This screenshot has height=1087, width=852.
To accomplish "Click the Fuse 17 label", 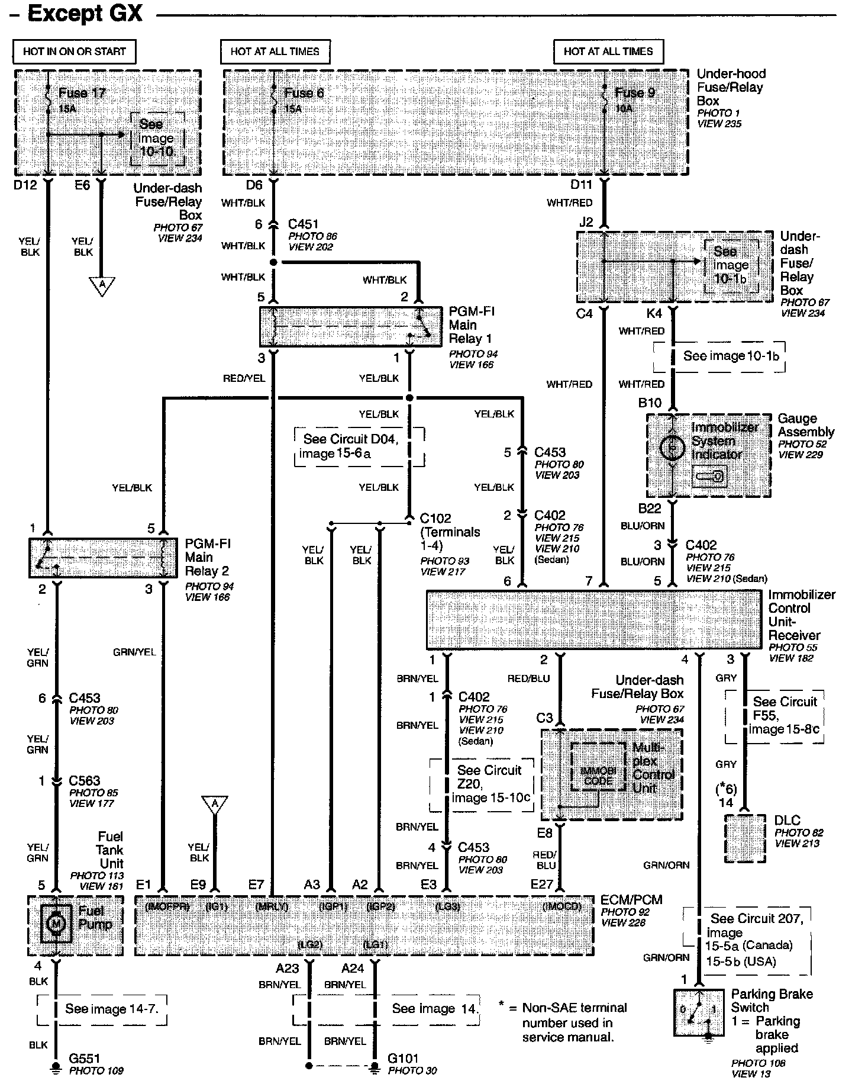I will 82,94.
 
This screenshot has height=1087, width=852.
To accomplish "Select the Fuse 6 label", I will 304,93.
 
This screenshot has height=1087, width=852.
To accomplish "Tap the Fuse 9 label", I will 634,93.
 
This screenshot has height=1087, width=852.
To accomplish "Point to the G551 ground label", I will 85,1058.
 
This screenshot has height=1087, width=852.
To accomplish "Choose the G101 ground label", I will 402,1058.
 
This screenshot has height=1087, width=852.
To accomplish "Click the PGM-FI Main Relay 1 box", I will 350,327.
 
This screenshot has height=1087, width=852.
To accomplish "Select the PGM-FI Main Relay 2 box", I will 103,558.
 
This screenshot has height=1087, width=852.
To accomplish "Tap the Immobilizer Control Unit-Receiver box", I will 593,619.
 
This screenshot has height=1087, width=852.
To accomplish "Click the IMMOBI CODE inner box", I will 598,766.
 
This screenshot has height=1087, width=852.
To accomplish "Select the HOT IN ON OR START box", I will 74,52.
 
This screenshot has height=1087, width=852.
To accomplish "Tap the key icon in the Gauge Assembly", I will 710,476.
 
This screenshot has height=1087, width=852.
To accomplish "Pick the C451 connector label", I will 303,224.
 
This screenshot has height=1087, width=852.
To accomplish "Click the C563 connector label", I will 84,780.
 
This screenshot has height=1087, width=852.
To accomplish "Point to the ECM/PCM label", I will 631,900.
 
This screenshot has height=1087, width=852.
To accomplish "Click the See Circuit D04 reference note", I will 359,446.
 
